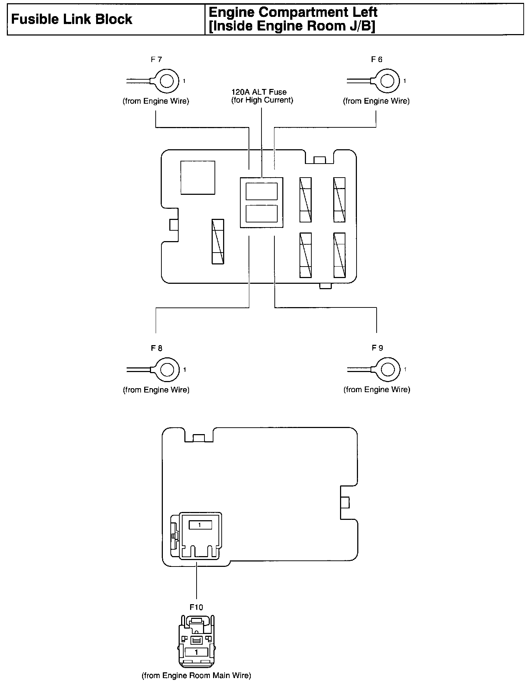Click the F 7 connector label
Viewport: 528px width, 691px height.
click(156, 60)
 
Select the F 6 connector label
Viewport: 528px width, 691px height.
click(377, 60)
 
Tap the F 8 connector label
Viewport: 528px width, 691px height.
click(156, 348)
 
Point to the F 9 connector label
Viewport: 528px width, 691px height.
click(377, 348)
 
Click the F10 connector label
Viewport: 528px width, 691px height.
click(196, 607)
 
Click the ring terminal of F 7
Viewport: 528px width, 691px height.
click(166, 81)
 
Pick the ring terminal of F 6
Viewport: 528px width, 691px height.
click(387, 81)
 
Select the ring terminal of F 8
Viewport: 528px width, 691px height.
click(167, 370)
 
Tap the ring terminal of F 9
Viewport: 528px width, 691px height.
click(387, 370)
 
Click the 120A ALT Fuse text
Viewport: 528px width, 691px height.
click(259, 92)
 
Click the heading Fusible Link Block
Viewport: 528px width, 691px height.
click(72, 19)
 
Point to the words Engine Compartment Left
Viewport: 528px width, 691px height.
click(293, 12)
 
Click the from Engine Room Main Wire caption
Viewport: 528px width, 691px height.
click(197, 676)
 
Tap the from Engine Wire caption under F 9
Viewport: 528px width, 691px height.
click(377, 390)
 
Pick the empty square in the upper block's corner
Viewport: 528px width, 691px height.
click(198, 178)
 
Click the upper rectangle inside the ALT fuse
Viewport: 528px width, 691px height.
click(261, 191)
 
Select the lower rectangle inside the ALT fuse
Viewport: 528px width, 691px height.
click(261, 213)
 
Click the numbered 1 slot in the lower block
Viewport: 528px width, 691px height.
click(200, 525)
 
